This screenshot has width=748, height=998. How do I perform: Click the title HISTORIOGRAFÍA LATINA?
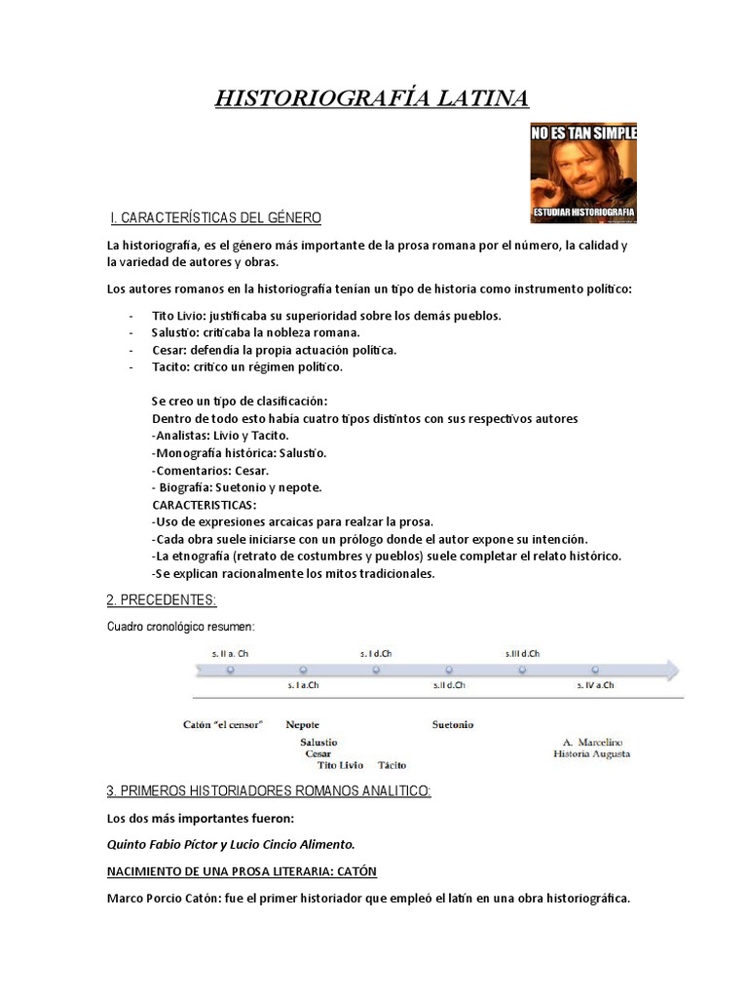coord(372,98)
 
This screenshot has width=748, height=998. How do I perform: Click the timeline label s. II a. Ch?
coord(230,653)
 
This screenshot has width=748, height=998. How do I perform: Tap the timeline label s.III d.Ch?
coord(522,653)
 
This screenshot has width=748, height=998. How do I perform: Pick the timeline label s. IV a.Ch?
coord(595,685)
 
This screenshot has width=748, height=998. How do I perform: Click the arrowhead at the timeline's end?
coord(671,670)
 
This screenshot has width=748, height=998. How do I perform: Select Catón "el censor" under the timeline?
coord(223,724)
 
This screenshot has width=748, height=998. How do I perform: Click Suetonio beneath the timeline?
coord(453,724)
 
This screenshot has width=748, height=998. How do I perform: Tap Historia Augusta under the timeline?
coord(591,753)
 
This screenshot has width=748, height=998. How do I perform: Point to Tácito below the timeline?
coord(393,765)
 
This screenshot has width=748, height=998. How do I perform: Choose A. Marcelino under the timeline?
coord(593,742)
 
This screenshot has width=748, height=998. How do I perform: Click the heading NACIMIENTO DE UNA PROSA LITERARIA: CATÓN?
coord(242,871)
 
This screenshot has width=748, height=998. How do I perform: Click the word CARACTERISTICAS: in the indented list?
coord(205,505)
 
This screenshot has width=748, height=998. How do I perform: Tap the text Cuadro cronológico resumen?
coord(180,626)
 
